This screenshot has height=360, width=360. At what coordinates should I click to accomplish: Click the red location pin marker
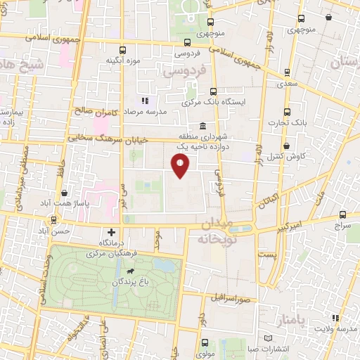pos(181,166)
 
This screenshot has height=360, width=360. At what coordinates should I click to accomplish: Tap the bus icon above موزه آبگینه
pos(124,50)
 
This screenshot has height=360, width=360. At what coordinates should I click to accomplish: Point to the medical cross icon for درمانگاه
pos(111,232)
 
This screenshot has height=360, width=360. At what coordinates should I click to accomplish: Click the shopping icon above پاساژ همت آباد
pos(65,193)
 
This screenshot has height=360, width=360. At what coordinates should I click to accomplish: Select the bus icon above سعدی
pos(288,72)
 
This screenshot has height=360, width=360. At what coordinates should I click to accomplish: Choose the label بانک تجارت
pos(290,122)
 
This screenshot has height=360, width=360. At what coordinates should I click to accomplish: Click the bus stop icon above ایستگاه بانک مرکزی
pos(213,91)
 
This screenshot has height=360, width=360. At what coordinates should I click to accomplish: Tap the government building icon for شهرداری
pos(202,127)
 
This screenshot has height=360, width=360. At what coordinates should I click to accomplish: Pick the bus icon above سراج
pos(342,216)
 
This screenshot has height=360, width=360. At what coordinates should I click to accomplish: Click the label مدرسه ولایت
pos(335,328)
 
